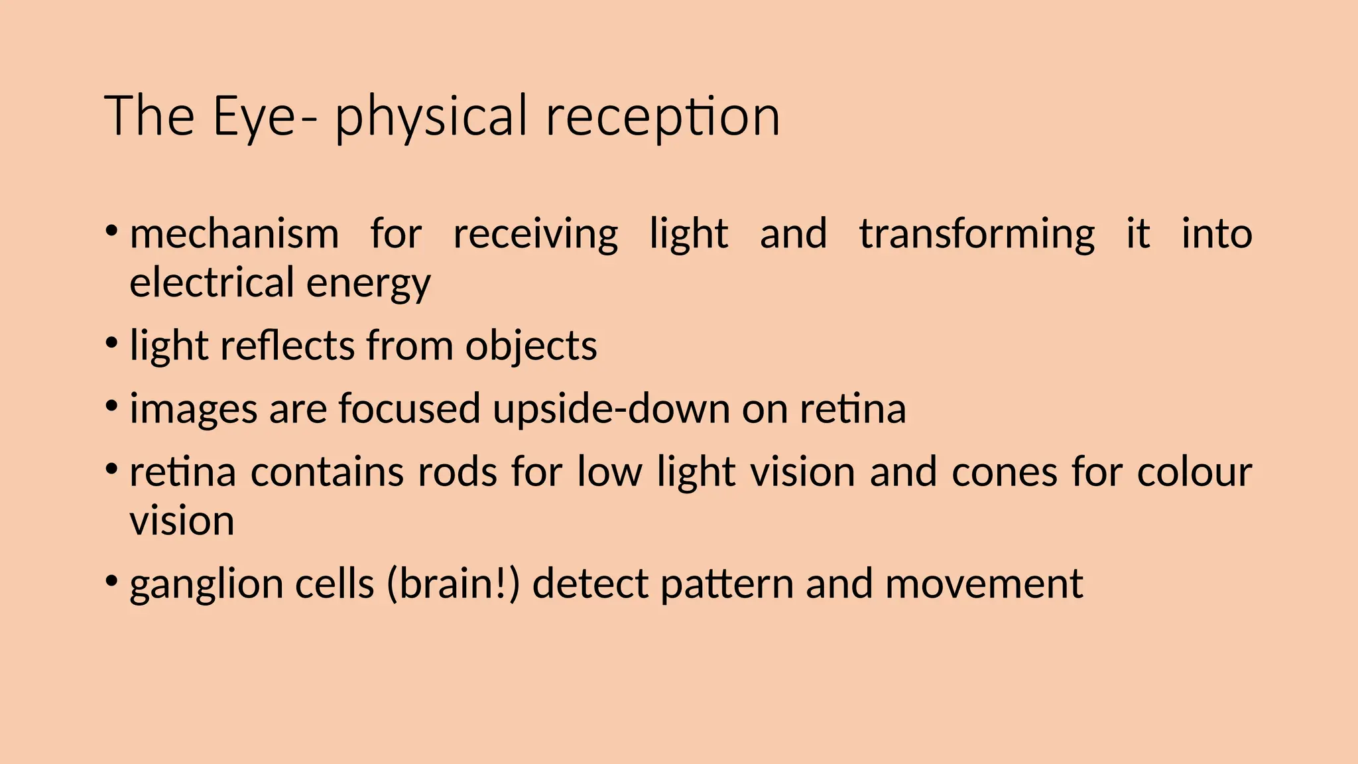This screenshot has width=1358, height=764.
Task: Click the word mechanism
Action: coord(234,234)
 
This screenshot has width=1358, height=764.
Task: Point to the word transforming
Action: coord(977,234)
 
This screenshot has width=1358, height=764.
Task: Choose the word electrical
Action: coord(212,283)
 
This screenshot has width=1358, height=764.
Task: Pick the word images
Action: coord(193,409)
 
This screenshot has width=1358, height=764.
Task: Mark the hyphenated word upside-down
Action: coord(611,409)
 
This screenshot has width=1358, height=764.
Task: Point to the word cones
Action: coord(1004,472)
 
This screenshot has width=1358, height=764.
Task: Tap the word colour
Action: coord(1194,472)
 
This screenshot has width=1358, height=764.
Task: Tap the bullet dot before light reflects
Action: coord(111,343)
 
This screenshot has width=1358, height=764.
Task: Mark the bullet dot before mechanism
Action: coord(111,231)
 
